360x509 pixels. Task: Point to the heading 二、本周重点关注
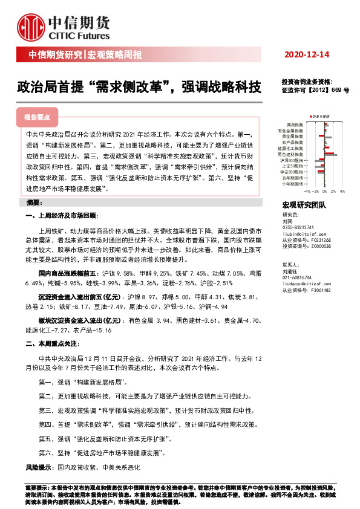click(x=51, y=343)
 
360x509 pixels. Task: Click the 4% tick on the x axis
click(x=342, y=190)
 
